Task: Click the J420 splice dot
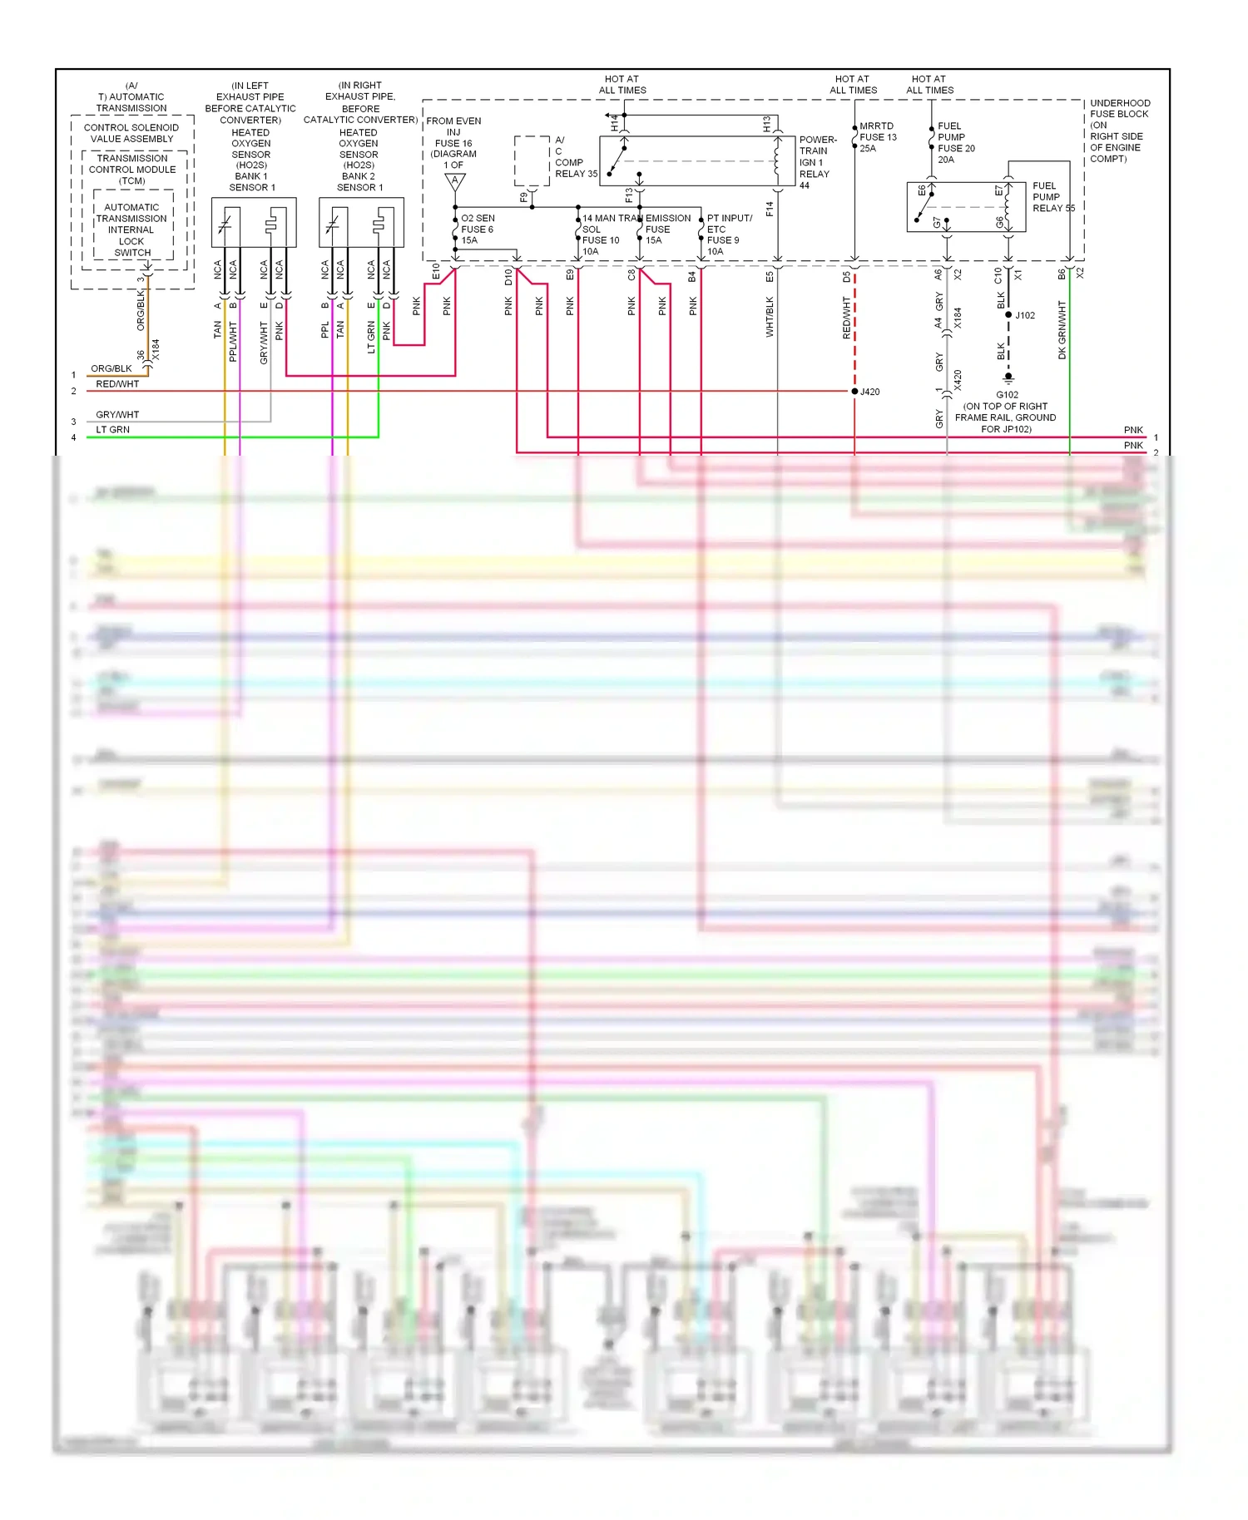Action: [x=854, y=391]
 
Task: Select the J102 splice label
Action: [x=1025, y=315]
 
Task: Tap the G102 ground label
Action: [x=1007, y=395]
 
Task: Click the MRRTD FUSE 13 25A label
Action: [x=878, y=137]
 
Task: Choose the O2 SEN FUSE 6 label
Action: [x=478, y=229]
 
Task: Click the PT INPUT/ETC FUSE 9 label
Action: [x=729, y=234]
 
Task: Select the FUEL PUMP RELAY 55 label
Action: [x=1052, y=197]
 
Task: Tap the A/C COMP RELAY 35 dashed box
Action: [x=532, y=160]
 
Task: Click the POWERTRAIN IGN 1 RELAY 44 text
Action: [x=817, y=162]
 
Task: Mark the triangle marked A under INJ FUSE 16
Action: [x=455, y=180]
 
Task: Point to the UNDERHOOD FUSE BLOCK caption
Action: [x=1119, y=131]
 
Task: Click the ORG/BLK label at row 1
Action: [x=111, y=368]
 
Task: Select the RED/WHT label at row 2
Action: [x=117, y=384]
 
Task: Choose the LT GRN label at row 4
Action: [x=113, y=430]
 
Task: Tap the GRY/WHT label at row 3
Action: [x=117, y=414]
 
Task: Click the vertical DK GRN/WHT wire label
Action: [x=1062, y=331]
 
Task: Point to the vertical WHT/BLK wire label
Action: [x=770, y=317]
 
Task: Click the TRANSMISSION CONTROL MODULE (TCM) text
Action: [x=132, y=169]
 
